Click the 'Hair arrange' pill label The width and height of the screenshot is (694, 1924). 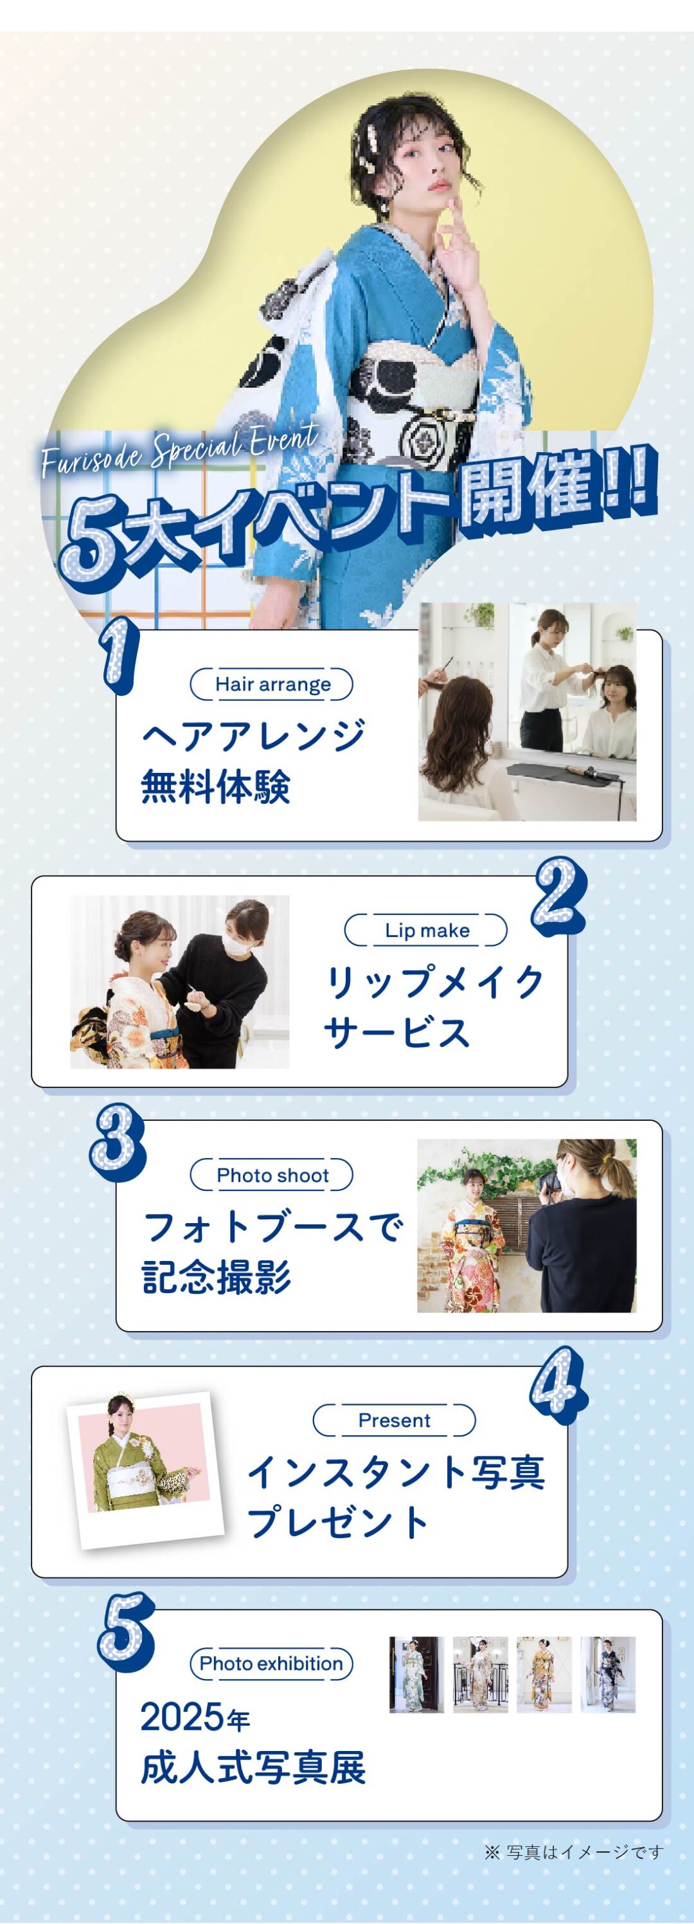(272, 684)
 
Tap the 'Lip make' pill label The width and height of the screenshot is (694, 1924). (426, 930)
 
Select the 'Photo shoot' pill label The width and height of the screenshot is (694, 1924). (272, 1175)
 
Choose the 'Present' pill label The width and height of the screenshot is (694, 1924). (394, 1420)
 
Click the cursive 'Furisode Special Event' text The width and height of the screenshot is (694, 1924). (180, 451)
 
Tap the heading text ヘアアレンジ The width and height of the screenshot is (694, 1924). (254, 735)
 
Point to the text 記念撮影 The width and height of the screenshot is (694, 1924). (217, 1276)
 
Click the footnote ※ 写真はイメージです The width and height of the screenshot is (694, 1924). (574, 1852)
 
